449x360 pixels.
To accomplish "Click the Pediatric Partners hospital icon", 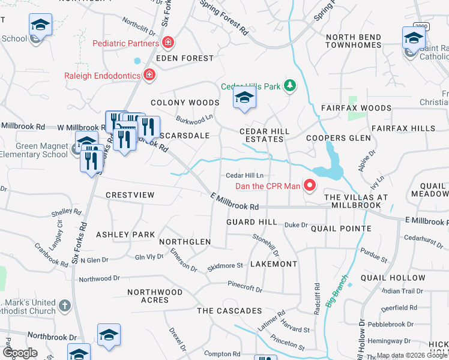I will (x=169, y=43).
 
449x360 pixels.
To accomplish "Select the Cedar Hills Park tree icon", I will (x=290, y=86).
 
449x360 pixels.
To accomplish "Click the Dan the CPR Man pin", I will (x=310, y=185).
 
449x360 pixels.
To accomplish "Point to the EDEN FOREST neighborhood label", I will (x=184, y=58).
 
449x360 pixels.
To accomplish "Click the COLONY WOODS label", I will (x=185, y=103).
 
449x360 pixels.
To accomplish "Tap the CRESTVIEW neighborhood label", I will (x=130, y=195).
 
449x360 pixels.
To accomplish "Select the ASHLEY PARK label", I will (x=125, y=235).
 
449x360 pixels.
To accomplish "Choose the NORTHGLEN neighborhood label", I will (x=185, y=242).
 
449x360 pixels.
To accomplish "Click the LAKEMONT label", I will (x=273, y=264).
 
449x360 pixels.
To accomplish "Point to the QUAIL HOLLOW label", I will (x=393, y=278).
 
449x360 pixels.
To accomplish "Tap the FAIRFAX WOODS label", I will (x=356, y=109).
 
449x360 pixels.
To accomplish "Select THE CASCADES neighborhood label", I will (x=229, y=311).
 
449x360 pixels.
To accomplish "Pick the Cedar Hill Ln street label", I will (x=244, y=175).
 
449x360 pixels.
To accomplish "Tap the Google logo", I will (x=20, y=353).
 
